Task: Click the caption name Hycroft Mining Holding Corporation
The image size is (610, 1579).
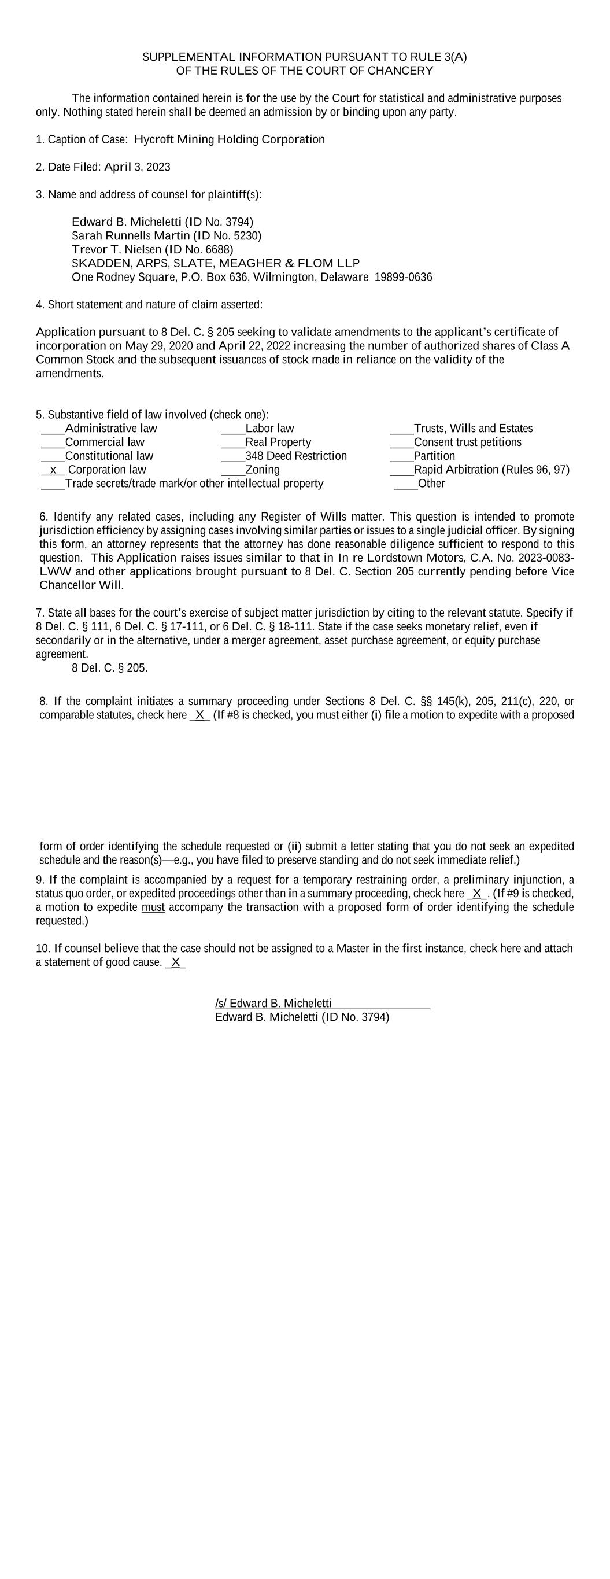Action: point(230,140)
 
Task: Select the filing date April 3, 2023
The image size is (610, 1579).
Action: point(138,167)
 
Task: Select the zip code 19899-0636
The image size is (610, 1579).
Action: point(403,278)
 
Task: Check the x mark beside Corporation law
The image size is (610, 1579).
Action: point(53,470)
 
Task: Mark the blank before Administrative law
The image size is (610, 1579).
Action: point(53,429)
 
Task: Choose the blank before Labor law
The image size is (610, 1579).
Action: point(233,429)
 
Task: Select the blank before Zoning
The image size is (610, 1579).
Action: point(233,470)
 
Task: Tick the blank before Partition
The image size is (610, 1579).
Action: point(401,456)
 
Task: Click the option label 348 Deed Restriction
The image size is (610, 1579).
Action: point(296,456)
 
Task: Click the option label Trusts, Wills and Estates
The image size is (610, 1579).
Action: point(474,429)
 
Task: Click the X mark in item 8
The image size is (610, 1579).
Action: point(200,715)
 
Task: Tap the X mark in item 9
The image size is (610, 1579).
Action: point(477,894)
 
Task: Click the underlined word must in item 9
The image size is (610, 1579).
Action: point(153,907)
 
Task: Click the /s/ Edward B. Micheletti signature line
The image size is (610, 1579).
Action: point(273,1004)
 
